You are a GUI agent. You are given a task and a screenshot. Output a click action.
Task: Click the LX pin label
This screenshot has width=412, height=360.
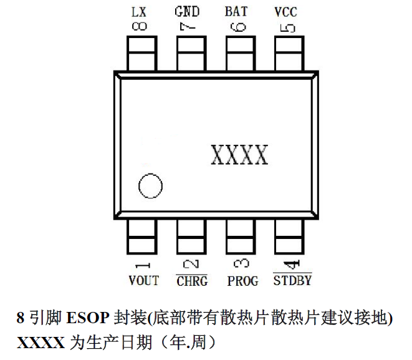(x=140, y=12)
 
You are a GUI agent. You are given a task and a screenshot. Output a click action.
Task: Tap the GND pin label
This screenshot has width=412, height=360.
(x=188, y=12)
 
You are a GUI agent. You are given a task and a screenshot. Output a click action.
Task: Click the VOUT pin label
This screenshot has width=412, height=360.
(x=143, y=281)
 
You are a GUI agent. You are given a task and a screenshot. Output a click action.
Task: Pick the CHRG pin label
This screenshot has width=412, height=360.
(x=192, y=281)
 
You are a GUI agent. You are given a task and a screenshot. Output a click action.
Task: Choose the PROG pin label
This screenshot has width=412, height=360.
(x=242, y=281)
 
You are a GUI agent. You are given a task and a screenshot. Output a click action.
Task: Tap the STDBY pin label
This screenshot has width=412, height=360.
(x=292, y=280)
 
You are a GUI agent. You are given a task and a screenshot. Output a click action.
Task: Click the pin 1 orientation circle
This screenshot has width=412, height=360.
(x=150, y=187)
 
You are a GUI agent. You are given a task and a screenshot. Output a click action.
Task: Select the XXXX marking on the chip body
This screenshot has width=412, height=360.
(x=239, y=155)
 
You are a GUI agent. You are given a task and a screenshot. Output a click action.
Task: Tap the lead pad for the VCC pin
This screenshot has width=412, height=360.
(x=288, y=53)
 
